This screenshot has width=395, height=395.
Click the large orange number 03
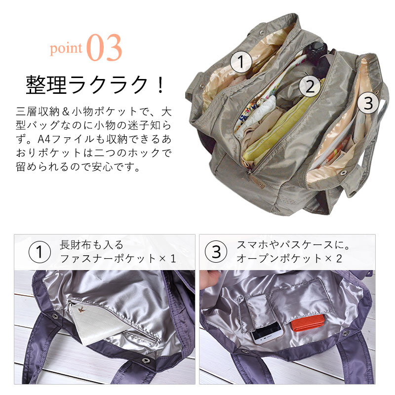[104, 47]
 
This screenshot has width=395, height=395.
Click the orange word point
[66, 48]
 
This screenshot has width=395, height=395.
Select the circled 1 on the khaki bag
[241, 62]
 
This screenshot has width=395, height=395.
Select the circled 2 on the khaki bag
[310, 86]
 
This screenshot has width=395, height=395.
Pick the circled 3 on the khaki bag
[368, 103]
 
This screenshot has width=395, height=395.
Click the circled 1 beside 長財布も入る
[39, 252]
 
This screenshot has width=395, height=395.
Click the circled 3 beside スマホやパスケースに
[216, 252]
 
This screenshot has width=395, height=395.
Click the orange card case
[308, 323]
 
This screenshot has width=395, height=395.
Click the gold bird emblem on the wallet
[81, 310]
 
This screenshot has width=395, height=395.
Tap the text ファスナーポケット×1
[118, 259]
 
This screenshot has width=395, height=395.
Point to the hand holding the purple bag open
[210, 279]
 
